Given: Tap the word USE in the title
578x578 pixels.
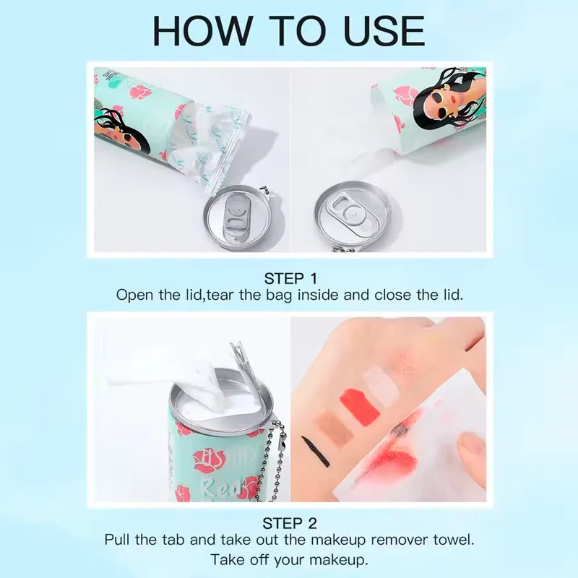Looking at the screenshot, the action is (x=384, y=31).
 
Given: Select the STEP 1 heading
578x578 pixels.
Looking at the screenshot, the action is (x=290, y=279).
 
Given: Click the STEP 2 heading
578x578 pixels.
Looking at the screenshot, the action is (x=290, y=523).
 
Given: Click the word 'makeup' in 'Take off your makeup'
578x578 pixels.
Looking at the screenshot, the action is (x=338, y=560).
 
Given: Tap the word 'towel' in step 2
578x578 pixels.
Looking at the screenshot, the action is (x=454, y=540).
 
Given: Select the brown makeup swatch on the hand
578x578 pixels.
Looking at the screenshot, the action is (x=335, y=428).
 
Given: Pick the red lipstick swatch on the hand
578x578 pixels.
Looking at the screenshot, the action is (x=359, y=407).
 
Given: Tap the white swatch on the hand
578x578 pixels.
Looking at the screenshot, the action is (x=381, y=386).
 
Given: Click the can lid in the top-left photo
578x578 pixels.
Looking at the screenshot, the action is (x=238, y=217).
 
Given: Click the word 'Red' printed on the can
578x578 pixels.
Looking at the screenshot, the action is (x=221, y=487).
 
